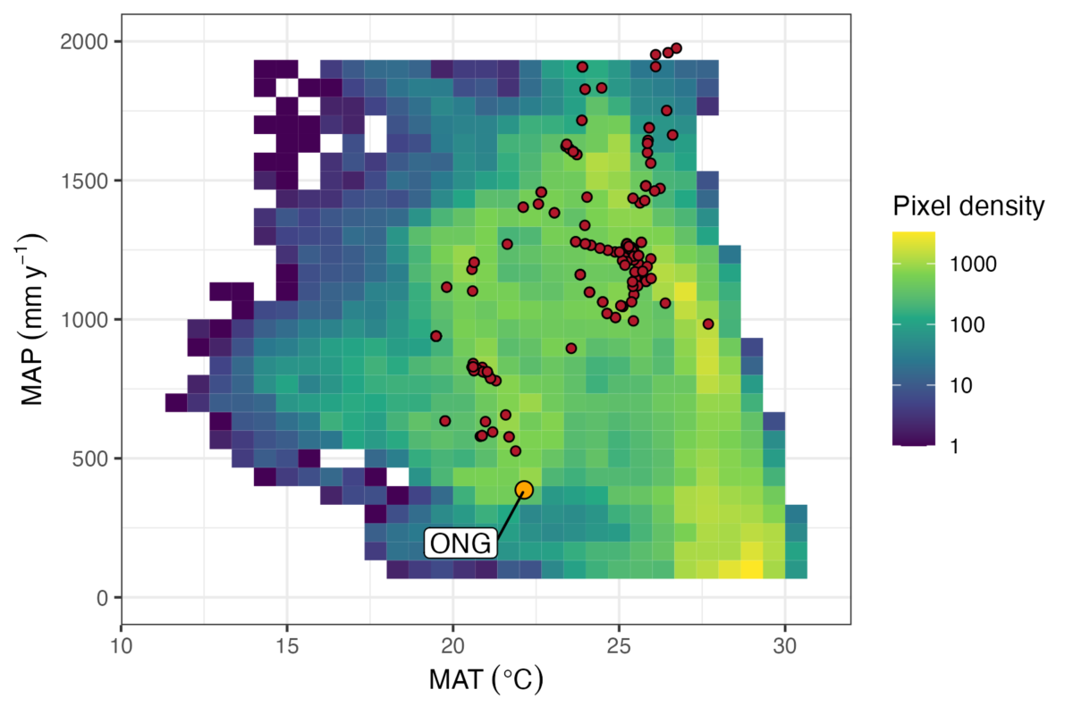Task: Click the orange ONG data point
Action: point(524,489)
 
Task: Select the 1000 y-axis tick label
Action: point(85,320)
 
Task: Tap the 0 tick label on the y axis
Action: point(102,598)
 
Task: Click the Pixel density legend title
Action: point(968,207)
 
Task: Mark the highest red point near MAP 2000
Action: point(676,48)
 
